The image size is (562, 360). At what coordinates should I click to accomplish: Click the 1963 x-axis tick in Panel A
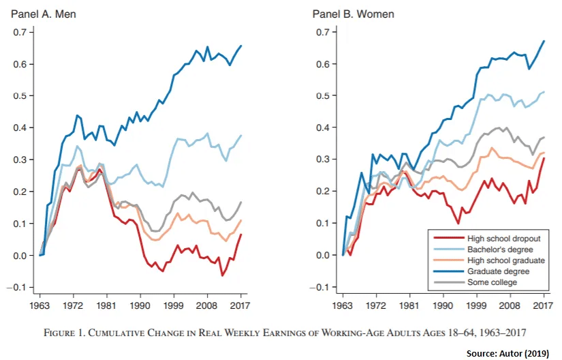[42, 305]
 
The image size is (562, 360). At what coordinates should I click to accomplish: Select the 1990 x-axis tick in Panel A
[140, 305]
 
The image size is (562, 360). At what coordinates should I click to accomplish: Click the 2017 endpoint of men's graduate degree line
[241, 46]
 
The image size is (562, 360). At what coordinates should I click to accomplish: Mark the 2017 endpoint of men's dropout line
[241, 235]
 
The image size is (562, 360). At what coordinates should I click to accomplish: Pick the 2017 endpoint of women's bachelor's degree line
[544, 92]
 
